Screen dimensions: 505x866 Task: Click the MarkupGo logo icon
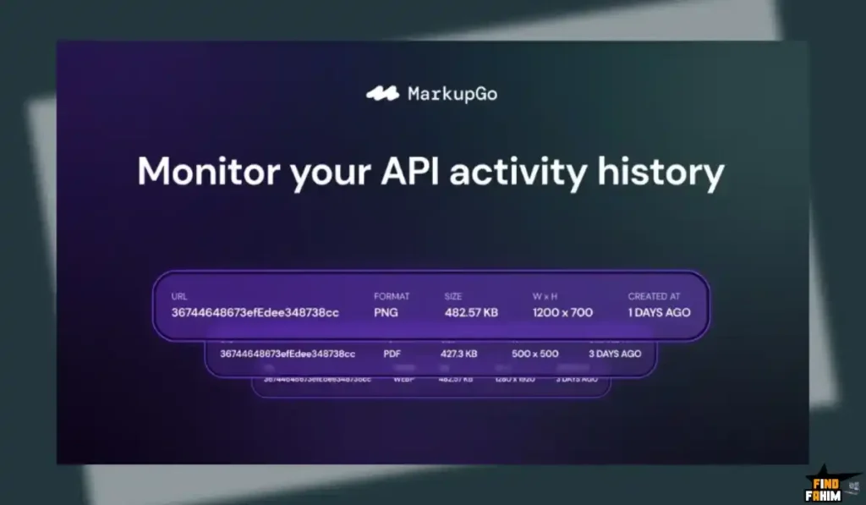pos(382,94)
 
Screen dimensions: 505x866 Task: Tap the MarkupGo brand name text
pos(452,94)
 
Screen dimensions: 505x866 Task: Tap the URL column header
pos(179,297)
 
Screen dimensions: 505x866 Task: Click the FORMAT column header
pos(392,297)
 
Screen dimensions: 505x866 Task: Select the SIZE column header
pos(454,297)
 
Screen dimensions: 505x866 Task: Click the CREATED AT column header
pos(654,297)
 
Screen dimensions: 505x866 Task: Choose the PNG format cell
pos(387,312)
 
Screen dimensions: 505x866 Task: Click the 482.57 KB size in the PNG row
pos(471,312)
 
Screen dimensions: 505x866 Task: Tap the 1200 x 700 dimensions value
pos(562,312)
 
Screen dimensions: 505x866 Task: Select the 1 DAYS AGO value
pos(659,312)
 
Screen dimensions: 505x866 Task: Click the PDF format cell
pos(392,354)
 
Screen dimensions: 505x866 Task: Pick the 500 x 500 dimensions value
pos(535,354)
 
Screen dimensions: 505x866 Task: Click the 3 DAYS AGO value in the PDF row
pos(615,354)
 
